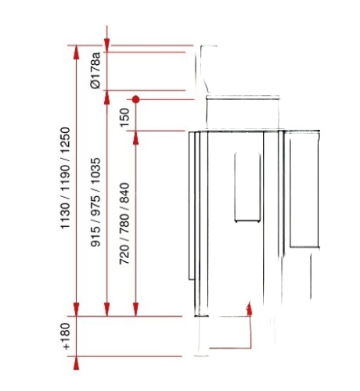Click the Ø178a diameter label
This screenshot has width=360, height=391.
[95, 70]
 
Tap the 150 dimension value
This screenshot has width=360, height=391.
[124, 117]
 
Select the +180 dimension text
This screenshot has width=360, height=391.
[65, 336]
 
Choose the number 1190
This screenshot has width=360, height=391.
[65, 178]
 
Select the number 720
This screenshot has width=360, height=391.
[124, 255]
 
